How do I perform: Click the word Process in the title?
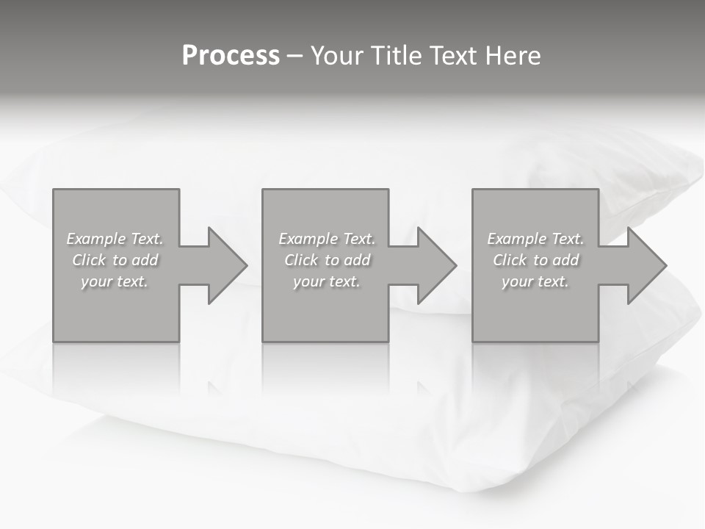pyautogui.click(x=231, y=56)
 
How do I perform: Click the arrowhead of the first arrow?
pyautogui.click(x=228, y=265)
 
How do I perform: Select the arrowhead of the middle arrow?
pyautogui.click(x=437, y=265)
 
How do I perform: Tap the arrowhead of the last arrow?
pyautogui.click(x=647, y=265)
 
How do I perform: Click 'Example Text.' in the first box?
pyautogui.click(x=115, y=239)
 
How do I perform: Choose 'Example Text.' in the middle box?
pyautogui.click(x=327, y=239)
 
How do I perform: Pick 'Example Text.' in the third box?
pyautogui.click(x=535, y=239)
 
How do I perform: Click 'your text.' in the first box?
pyautogui.click(x=115, y=281)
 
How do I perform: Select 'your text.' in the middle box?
pyautogui.click(x=327, y=281)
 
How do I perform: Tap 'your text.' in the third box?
pyautogui.click(x=535, y=281)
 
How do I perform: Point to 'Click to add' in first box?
pyautogui.click(x=115, y=260)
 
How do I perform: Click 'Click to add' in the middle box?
pyautogui.click(x=327, y=260)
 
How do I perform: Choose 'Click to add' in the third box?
pyautogui.click(x=535, y=260)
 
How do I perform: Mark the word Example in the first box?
pyautogui.click(x=95, y=239)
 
